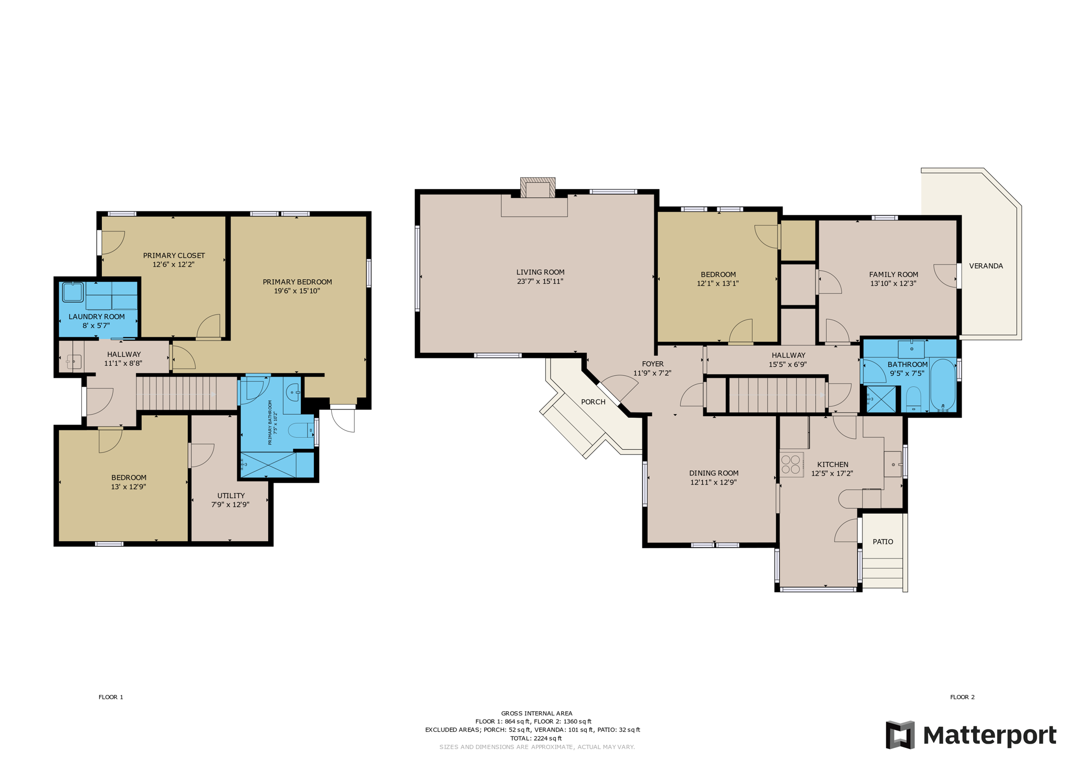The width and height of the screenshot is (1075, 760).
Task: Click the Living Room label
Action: point(540,272)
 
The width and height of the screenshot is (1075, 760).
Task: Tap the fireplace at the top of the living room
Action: point(537,188)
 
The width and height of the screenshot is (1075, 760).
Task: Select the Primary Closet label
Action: point(174,256)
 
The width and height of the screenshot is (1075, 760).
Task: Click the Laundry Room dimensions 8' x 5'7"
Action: point(97,326)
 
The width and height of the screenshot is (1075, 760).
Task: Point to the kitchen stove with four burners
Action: point(791,465)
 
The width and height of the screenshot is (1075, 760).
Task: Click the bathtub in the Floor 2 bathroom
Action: point(943,385)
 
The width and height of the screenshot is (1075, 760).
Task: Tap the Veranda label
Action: point(986,266)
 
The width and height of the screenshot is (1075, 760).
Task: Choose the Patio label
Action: point(883,542)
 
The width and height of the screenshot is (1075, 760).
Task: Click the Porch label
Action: point(593,402)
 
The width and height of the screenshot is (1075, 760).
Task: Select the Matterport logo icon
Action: point(900,735)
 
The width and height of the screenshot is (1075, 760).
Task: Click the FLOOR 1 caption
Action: point(111,697)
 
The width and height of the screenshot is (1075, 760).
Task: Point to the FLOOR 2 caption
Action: point(962,697)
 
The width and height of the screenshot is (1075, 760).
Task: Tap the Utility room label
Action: point(231,495)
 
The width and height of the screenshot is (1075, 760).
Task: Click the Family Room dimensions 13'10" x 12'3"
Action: point(893,283)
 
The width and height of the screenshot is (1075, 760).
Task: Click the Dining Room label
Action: point(714,473)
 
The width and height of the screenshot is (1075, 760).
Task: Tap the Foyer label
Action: point(653,364)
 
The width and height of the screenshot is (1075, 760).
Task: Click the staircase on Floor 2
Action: point(776,395)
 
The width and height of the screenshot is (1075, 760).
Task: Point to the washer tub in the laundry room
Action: point(73,292)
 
